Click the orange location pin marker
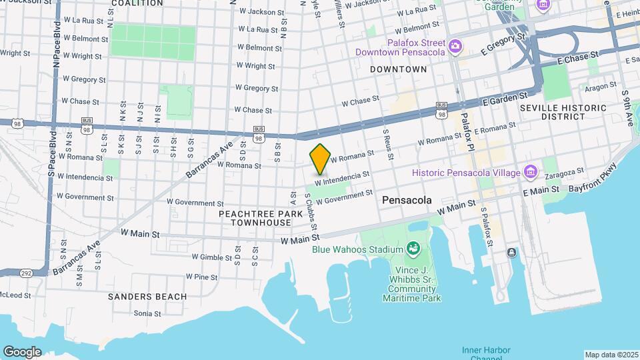coord(321,158)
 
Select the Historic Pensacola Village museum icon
coord(531,172)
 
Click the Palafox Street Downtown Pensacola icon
coord(455,45)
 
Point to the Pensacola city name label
coord(407,200)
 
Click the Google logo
coord(22,351)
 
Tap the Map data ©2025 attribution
coord(610,355)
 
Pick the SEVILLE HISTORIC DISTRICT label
coord(563,112)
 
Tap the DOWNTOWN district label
coord(398,69)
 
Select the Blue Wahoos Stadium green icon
coord(413,249)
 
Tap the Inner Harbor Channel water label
coord(486,354)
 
